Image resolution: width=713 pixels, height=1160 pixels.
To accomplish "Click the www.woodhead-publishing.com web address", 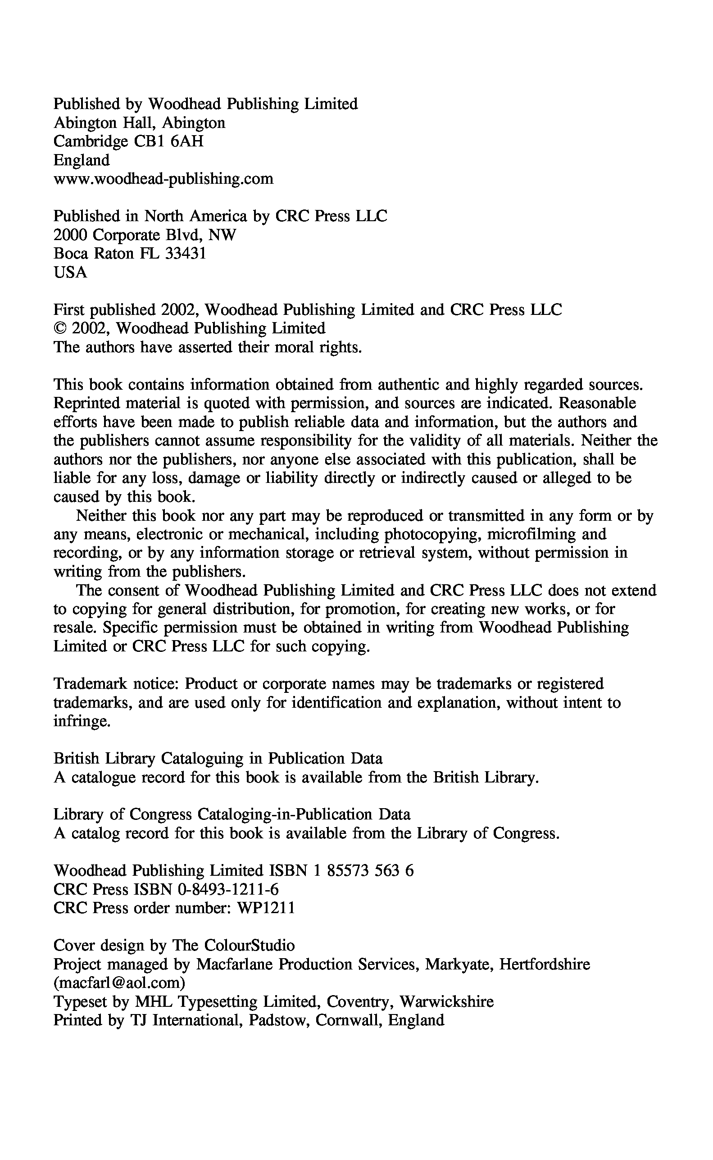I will pyautogui.click(x=163, y=179).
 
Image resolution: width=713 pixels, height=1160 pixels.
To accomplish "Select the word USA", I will pyautogui.click(x=70, y=273).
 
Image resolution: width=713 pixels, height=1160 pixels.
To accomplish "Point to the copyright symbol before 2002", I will pyautogui.click(x=60, y=329).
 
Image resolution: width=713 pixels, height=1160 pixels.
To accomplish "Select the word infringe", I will pyautogui.click(x=82, y=722).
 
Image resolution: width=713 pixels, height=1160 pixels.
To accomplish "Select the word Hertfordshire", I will pyautogui.click(x=545, y=964).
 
